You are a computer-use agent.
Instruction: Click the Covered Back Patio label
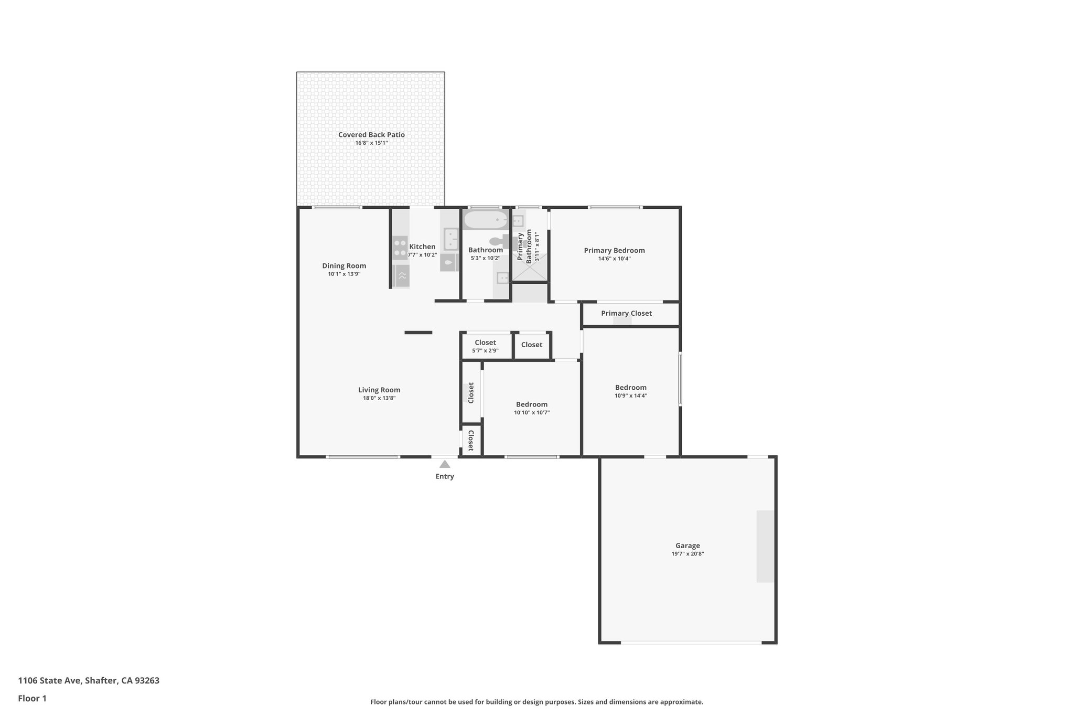(x=371, y=135)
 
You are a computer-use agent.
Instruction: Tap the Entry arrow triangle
(x=445, y=464)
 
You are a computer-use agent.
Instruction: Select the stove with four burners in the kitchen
(x=400, y=248)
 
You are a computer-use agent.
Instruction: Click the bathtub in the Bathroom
(x=486, y=220)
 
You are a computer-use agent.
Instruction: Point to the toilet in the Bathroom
(x=498, y=241)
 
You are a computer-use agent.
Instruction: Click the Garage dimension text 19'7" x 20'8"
(x=688, y=554)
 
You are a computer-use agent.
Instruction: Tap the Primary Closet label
(x=626, y=313)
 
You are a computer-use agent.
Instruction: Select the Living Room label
(x=379, y=390)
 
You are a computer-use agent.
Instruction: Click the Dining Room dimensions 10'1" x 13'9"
(x=344, y=274)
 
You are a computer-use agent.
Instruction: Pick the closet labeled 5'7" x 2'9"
(x=485, y=346)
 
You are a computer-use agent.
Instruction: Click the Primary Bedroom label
(x=614, y=250)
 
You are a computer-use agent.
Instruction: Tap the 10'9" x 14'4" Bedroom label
(x=631, y=388)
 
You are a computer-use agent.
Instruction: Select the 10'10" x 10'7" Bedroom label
(x=532, y=404)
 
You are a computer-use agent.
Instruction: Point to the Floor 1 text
(x=33, y=698)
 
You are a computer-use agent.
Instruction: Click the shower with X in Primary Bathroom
(x=530, y=268)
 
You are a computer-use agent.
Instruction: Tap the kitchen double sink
(x=450, y=239)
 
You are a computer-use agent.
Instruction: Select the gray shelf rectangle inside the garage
(x=765, y=546)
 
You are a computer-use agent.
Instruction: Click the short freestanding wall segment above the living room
(x=418, y=333)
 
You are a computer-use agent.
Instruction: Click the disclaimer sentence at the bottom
(x=536, y=702)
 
